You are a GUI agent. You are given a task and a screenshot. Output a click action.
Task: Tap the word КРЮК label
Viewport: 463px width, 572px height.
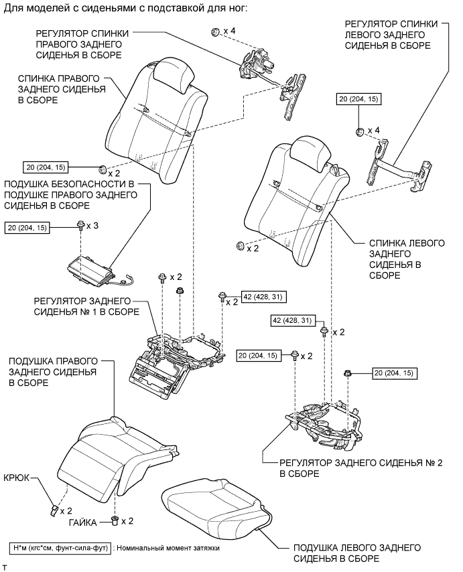pos(16,478)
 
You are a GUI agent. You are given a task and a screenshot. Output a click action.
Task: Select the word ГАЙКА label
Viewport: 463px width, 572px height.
pos(83,522)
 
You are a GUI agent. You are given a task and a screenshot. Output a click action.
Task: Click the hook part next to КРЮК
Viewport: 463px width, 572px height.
pos(54,510)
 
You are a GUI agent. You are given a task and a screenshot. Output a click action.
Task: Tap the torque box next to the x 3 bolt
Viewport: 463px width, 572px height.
pos(27,228)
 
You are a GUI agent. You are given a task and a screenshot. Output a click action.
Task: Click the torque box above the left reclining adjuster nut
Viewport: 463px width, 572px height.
pos(358,99)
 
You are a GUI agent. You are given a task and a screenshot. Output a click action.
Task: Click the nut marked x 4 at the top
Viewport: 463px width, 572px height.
pos(215,32)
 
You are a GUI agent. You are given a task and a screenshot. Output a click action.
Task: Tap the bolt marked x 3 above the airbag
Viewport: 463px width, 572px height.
pos(80,226)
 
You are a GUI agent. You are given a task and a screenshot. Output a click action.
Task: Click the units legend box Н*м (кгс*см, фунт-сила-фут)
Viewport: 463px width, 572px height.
pos(60,548)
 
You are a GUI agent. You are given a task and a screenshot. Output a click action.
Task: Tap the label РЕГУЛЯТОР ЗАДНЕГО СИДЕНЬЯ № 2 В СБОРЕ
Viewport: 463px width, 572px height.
pos(361,468)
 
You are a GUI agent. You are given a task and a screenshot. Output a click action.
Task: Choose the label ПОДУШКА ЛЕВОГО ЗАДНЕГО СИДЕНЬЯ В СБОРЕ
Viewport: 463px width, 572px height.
pos(357,553)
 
